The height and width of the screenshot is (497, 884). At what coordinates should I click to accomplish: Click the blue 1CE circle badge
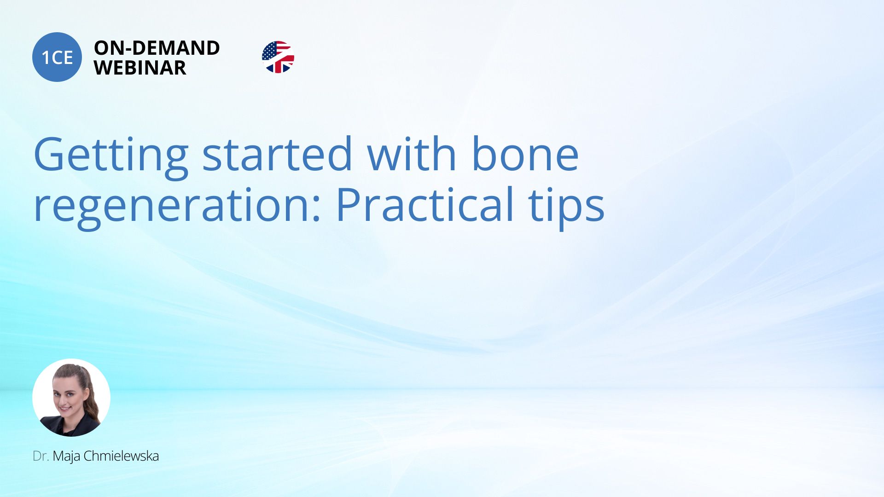pos(57,57)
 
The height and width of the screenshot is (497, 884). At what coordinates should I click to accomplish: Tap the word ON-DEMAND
pos(157,48)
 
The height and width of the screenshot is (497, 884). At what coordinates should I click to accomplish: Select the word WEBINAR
pos(140,68)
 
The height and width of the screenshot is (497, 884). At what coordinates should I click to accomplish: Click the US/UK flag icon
pos(278,57)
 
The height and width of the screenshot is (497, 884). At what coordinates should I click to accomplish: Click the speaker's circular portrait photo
pos(71,398)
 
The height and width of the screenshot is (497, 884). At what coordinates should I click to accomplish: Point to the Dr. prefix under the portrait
pos(41,456)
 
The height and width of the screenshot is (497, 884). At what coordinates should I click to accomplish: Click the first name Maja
pos(66,457)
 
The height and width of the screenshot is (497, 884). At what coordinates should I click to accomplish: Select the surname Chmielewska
pos(121,456)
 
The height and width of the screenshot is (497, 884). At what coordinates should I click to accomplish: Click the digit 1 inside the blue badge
pos(46,58)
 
